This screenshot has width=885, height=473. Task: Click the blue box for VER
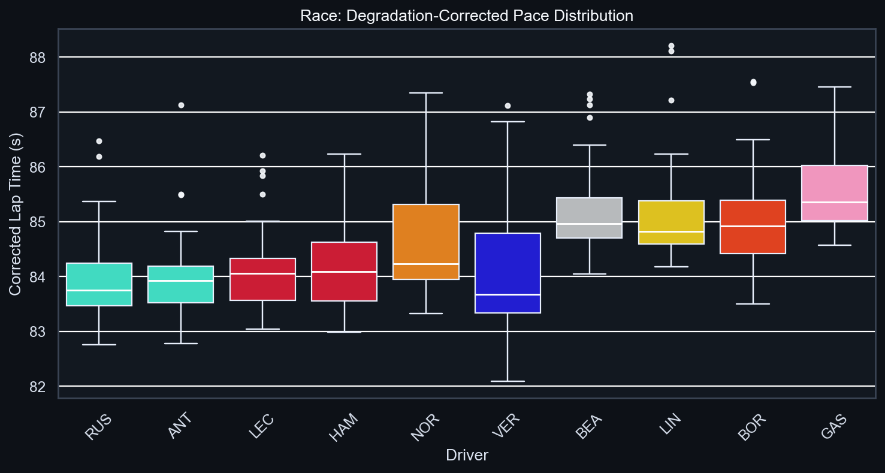[x=508, y=273]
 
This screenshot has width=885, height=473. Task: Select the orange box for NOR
[x=425, y=242]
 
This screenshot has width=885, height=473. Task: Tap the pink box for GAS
[x=835, y=193]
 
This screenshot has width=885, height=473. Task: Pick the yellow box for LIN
[x=671, y=222]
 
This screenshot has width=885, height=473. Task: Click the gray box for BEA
[x=590, y=218]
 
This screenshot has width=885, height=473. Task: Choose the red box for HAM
[x=344, y=272]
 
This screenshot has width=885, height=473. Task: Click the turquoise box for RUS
[x=99, y=284]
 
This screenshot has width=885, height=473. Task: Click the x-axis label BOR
[x=753, y=427]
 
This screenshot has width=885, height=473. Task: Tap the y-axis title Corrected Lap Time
[x=15, y=214]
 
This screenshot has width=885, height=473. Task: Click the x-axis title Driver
[x=467, y=456]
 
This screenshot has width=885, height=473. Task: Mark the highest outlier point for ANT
[x=181, y=105]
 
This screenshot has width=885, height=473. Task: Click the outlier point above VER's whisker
[x=508, y=106]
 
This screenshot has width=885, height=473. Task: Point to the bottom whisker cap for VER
[x=508, y=381]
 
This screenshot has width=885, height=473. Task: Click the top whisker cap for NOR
[x=425, y=93]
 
